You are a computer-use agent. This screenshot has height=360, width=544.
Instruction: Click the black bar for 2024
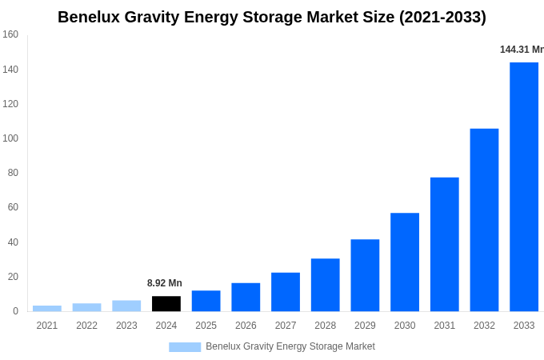click(x=166, y=304)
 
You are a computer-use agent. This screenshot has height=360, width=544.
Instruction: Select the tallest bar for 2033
click(x=524, y=187)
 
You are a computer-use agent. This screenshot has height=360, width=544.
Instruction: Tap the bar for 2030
click(x=405, y=262)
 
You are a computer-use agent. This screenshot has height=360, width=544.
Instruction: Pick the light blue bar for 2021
click(x=47, y=308)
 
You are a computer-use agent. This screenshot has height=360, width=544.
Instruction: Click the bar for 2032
click(x=484, y=220)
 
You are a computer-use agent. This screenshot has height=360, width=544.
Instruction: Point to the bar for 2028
click(x=326, y=285)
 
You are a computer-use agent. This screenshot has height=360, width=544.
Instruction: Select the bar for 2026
click(x=246, y=297)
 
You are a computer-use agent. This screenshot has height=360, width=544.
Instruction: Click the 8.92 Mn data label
click(x=165, y=283)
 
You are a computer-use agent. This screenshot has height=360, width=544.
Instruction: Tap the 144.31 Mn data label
click(x=522, y=50)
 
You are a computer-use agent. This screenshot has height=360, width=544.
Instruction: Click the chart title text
click(x=272, y=17)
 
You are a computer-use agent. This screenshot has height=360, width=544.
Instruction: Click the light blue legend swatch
click(x=185, y=346)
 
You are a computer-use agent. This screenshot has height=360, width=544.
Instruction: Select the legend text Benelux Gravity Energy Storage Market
click(x=290, y=346)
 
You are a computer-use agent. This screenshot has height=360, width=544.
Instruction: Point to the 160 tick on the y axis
click(x=10, y=34)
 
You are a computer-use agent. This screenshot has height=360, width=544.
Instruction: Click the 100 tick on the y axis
click(x=10, y=138)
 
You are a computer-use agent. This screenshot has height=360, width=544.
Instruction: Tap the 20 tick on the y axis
click(x=13, y=277)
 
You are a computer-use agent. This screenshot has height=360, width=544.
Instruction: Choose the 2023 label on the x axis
click(x=126, y=326)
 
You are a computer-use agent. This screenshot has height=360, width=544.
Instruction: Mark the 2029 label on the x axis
click(x=365, y=326)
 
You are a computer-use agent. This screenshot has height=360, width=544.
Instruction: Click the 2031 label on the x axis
click(x=444, y=326)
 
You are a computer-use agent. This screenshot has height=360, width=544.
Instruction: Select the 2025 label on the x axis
click(x=206, y=326)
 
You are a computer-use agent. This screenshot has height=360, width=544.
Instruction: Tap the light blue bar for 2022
click(x=86, y=307)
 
